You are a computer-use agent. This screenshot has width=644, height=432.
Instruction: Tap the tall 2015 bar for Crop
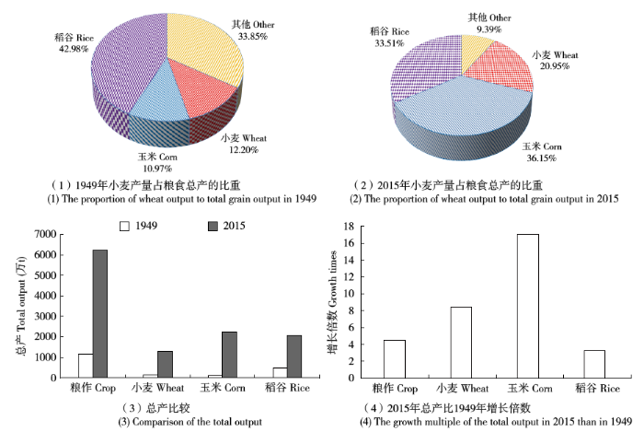pos(98,313)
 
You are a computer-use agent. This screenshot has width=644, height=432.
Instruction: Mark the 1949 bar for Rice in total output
pos(278,372)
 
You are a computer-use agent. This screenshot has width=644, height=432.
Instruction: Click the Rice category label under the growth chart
pos(595,389)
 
